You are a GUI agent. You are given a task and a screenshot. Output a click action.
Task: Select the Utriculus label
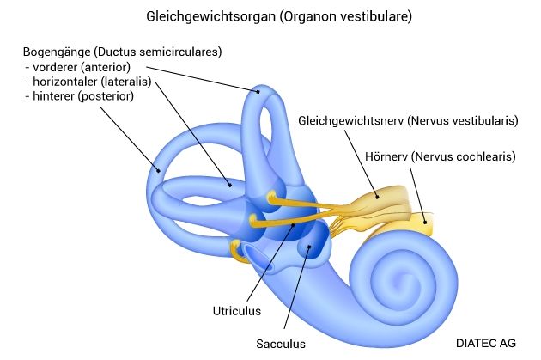click(236, 310)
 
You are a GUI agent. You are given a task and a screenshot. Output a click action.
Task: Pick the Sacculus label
click(280, 344)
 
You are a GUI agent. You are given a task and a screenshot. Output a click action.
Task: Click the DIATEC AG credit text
click(487, 342)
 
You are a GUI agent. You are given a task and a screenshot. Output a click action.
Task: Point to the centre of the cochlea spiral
click(398, 278)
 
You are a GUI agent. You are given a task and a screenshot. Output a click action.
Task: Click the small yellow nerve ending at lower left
click(237, 249)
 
